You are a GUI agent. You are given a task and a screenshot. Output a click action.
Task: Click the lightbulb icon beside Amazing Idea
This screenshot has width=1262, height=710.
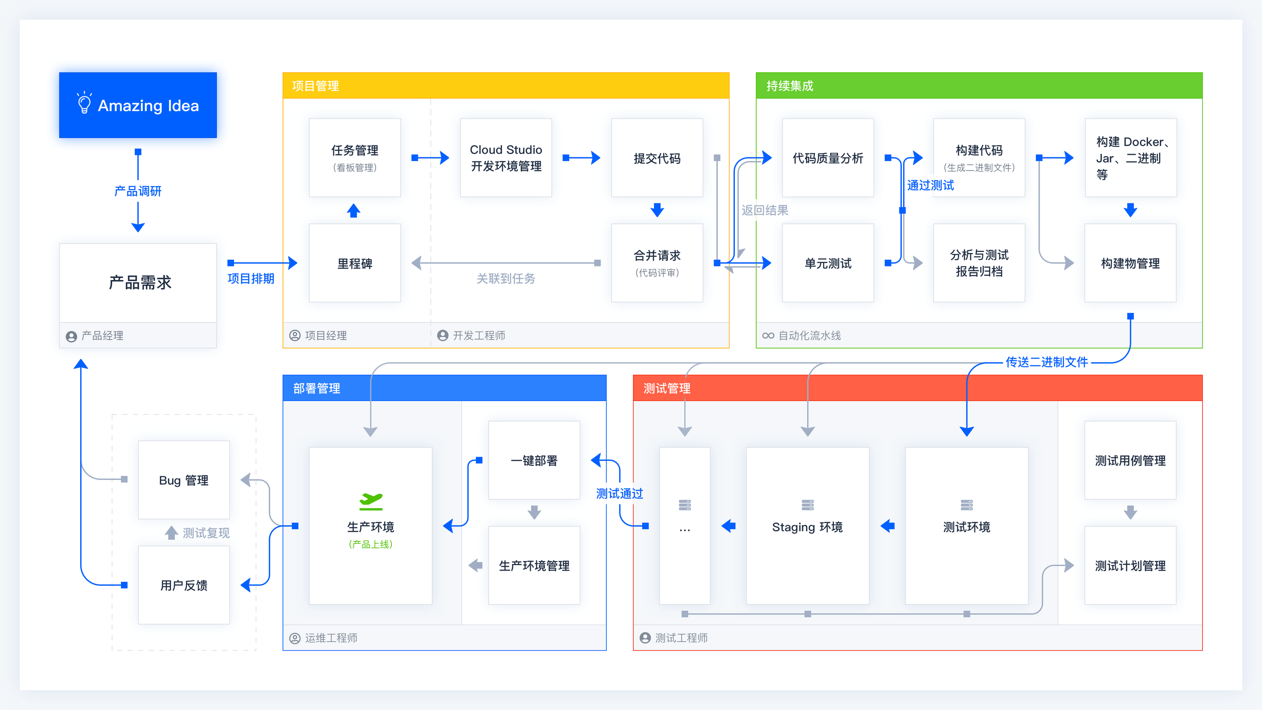[84, 103]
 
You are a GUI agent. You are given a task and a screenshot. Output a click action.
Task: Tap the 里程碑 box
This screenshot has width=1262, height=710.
[355, 263]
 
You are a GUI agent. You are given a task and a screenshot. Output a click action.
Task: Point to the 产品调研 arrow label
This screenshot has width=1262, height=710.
[138, 191]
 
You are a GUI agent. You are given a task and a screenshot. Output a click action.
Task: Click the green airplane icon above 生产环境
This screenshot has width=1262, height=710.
[371, 500]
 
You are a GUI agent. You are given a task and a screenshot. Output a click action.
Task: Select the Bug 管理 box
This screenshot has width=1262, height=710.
[184, 480]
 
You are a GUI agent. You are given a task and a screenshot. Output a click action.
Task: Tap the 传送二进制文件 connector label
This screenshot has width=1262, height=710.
[1046, 362]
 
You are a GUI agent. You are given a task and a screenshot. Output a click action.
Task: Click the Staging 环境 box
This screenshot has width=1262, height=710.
[808, 526]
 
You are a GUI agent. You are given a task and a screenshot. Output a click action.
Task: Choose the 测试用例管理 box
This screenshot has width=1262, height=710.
[1130, 460]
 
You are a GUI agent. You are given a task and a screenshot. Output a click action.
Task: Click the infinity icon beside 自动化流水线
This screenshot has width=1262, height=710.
[768, 336]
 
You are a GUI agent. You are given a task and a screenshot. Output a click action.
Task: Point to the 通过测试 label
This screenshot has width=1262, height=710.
[930, 185]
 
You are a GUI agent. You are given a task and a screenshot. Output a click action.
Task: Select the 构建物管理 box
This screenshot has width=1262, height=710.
[1130, 263]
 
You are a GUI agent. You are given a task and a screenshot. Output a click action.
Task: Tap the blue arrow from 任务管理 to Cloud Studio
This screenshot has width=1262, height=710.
[430, 158]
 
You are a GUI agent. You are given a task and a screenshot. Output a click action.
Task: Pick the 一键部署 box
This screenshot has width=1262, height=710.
[534, 460]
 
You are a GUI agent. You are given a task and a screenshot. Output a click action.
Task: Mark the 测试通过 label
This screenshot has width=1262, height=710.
[619, 493]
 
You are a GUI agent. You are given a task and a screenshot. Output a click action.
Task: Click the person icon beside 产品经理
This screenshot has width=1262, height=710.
[71, 336]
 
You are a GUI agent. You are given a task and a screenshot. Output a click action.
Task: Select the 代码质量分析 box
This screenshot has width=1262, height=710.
[828, 158]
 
